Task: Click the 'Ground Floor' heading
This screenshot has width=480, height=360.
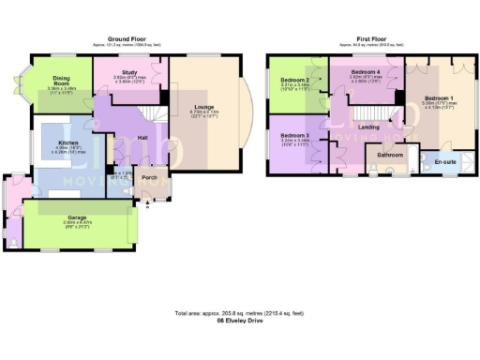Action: (x=133, y=38)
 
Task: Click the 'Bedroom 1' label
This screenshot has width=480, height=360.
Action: (x=438, y=97)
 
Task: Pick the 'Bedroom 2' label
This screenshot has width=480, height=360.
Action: (x=294, y=81)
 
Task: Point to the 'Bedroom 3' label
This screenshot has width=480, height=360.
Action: (x=294, y=135)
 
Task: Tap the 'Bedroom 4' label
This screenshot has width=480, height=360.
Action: (x=365, y=71)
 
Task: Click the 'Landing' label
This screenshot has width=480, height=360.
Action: (x=368, y=127)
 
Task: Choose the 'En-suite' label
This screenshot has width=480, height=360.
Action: (x=446, y=162)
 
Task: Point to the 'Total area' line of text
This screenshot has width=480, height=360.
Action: (x=240, y=312)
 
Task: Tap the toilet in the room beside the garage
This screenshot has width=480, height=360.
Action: (x=10, y=242)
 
